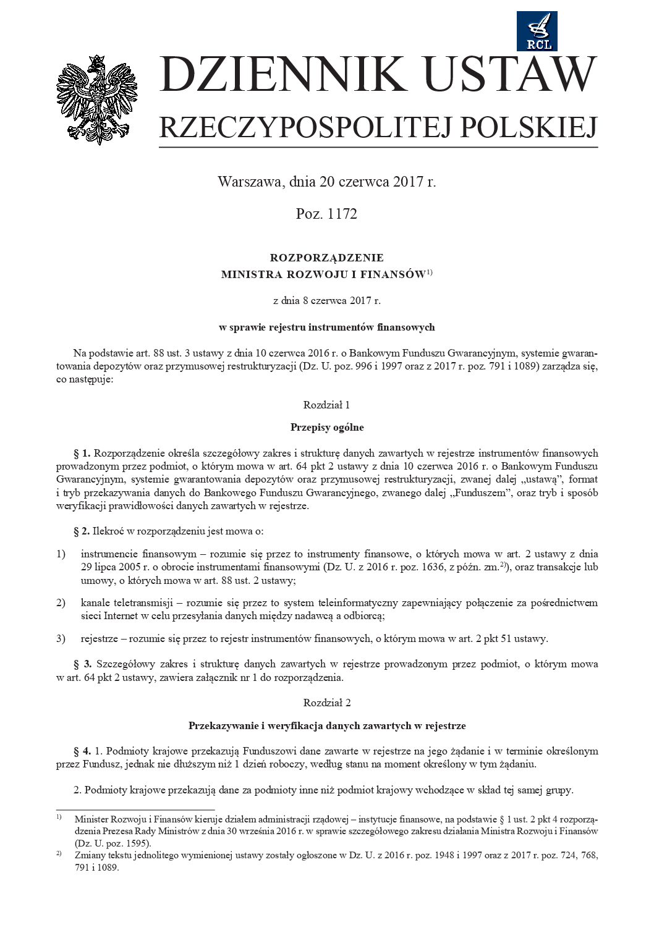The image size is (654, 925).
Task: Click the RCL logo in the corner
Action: coord(537,31)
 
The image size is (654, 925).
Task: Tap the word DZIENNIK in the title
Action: coord(281,75)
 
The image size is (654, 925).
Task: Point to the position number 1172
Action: coord(342,214)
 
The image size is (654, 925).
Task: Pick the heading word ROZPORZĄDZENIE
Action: coord(326,258)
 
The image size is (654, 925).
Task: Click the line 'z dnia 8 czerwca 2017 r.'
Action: coord(326,301)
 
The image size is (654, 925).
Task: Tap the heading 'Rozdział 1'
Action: coord(326,405)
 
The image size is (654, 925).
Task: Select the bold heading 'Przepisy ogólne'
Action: coord(326,428)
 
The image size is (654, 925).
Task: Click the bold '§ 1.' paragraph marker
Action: coord(82,454)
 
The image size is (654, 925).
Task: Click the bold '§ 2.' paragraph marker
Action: coord(82,531)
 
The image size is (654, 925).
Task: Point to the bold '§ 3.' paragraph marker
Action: coord(83,664)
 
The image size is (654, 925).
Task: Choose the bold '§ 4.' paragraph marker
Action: coord(82,751)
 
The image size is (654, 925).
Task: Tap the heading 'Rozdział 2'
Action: coord(326,703)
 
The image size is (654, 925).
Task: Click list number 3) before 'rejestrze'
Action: coord(61,639)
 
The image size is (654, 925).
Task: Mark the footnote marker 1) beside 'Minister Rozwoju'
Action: coord(59,817)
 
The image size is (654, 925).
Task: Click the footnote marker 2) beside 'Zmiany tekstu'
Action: coord(59,854)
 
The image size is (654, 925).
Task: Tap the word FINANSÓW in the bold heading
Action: coord(393,275)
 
